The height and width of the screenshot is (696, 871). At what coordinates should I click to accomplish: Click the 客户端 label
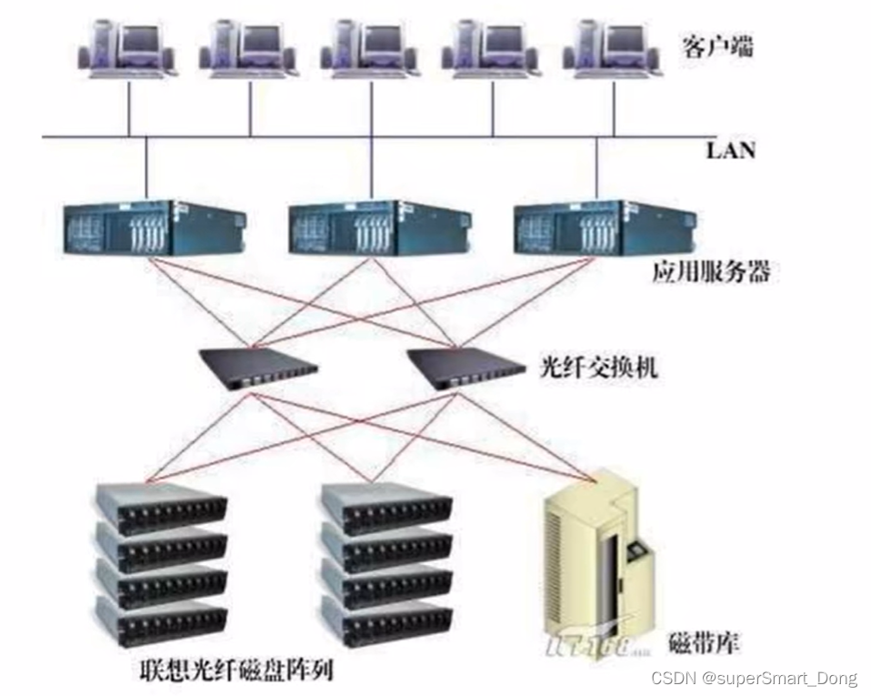(717, 46)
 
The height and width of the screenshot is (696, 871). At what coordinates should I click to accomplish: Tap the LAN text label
(730, 150)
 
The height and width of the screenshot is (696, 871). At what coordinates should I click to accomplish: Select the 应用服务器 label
(710, 272)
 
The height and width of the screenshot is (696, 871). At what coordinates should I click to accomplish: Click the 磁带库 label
(704, 644)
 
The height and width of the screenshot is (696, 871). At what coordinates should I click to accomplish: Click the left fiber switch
(259, 368)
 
